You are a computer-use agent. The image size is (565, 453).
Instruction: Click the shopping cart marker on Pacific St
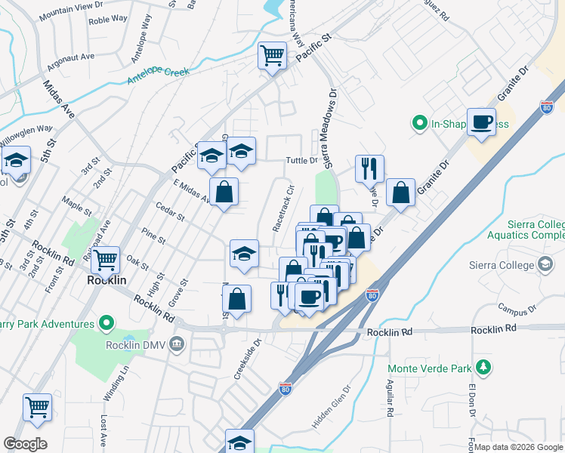coord(272,54)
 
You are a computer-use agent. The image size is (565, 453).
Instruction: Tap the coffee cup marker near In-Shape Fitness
coord(481,122)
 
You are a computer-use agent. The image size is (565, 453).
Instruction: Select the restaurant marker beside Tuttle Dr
coord(369,168)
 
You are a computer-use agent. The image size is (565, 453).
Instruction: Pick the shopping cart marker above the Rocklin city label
coord(106,260)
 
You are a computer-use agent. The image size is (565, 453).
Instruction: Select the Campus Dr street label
coord(522,309)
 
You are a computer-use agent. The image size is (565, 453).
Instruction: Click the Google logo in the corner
coord(26,444)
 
